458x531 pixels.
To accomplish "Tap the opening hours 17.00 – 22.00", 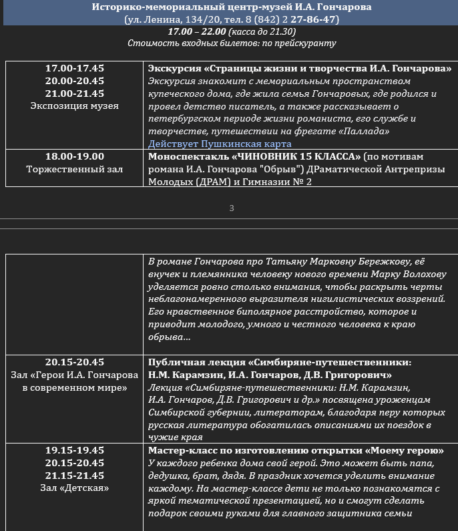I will point(196,31).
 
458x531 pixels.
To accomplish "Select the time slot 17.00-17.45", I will point(75,68).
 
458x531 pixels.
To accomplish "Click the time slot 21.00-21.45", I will point(75,94).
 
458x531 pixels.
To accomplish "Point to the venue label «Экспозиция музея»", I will point(75,106).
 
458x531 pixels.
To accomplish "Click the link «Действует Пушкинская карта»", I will point(220,144).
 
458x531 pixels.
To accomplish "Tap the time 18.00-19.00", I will point(75,156).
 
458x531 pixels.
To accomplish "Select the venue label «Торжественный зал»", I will point(75,169).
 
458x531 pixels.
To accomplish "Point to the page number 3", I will point(232,208).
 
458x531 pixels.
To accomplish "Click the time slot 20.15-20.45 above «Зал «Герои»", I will point(75,362).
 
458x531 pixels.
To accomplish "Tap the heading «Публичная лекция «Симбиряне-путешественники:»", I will point(279,362).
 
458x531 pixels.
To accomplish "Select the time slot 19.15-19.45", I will point(75,450).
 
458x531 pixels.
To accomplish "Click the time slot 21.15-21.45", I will point(75,476).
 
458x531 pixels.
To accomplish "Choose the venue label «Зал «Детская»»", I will point(75,488).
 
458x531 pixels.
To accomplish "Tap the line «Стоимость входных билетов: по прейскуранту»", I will point(232,43).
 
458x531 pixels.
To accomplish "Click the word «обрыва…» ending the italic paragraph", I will point(170,337).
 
